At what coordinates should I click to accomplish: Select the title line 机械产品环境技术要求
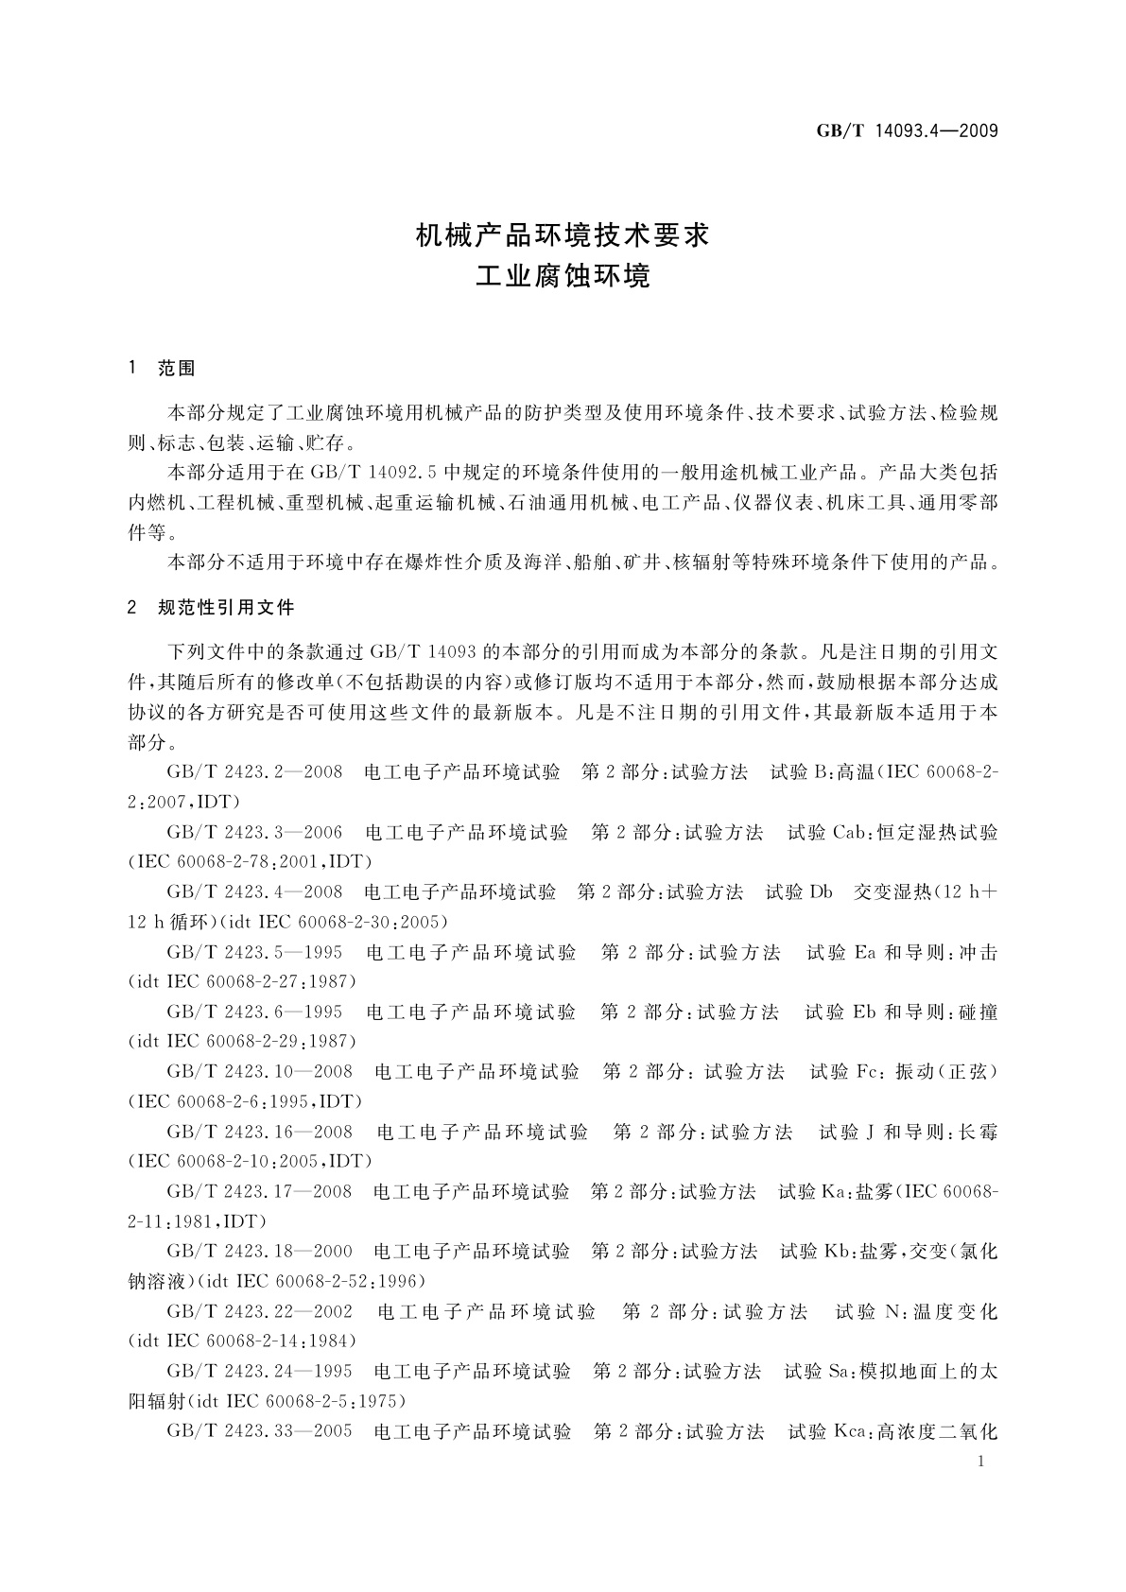point(563,234)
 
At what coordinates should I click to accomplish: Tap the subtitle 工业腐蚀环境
point(563,277)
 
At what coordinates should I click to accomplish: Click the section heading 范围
point(177,369)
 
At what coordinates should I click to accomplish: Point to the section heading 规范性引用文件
point(226,608)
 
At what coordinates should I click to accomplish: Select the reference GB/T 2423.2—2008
point(254,772)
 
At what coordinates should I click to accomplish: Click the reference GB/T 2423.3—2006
point(254,832)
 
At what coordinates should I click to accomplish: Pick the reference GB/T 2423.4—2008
point(254,891)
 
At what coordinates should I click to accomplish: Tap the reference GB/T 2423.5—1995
point(254,952)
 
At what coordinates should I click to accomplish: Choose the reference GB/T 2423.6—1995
point(254,1012)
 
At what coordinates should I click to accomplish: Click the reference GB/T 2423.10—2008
point(259,1071)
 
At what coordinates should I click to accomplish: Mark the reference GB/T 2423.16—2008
point(259,1132)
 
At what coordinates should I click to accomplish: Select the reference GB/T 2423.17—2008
point(259,1191)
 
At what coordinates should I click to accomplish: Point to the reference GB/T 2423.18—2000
point(259,1252)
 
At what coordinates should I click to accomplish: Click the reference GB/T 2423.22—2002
point(259,1311)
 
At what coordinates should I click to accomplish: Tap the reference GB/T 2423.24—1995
point(259,1371)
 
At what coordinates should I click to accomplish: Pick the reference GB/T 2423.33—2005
point(259,1431)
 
